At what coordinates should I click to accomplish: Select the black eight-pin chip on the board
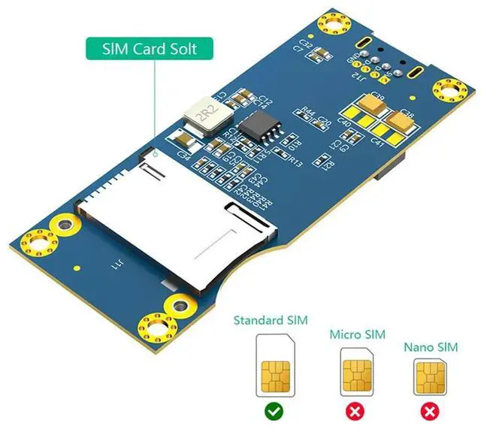[259, 125]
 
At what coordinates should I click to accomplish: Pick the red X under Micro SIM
[355, 411]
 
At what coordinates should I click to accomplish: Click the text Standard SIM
[271, 321]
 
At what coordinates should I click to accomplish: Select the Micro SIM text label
[357, 334]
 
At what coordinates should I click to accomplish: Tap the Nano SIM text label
[431, 347]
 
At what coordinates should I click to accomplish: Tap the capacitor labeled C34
[184, 140]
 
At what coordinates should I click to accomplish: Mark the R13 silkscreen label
[295, 162]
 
